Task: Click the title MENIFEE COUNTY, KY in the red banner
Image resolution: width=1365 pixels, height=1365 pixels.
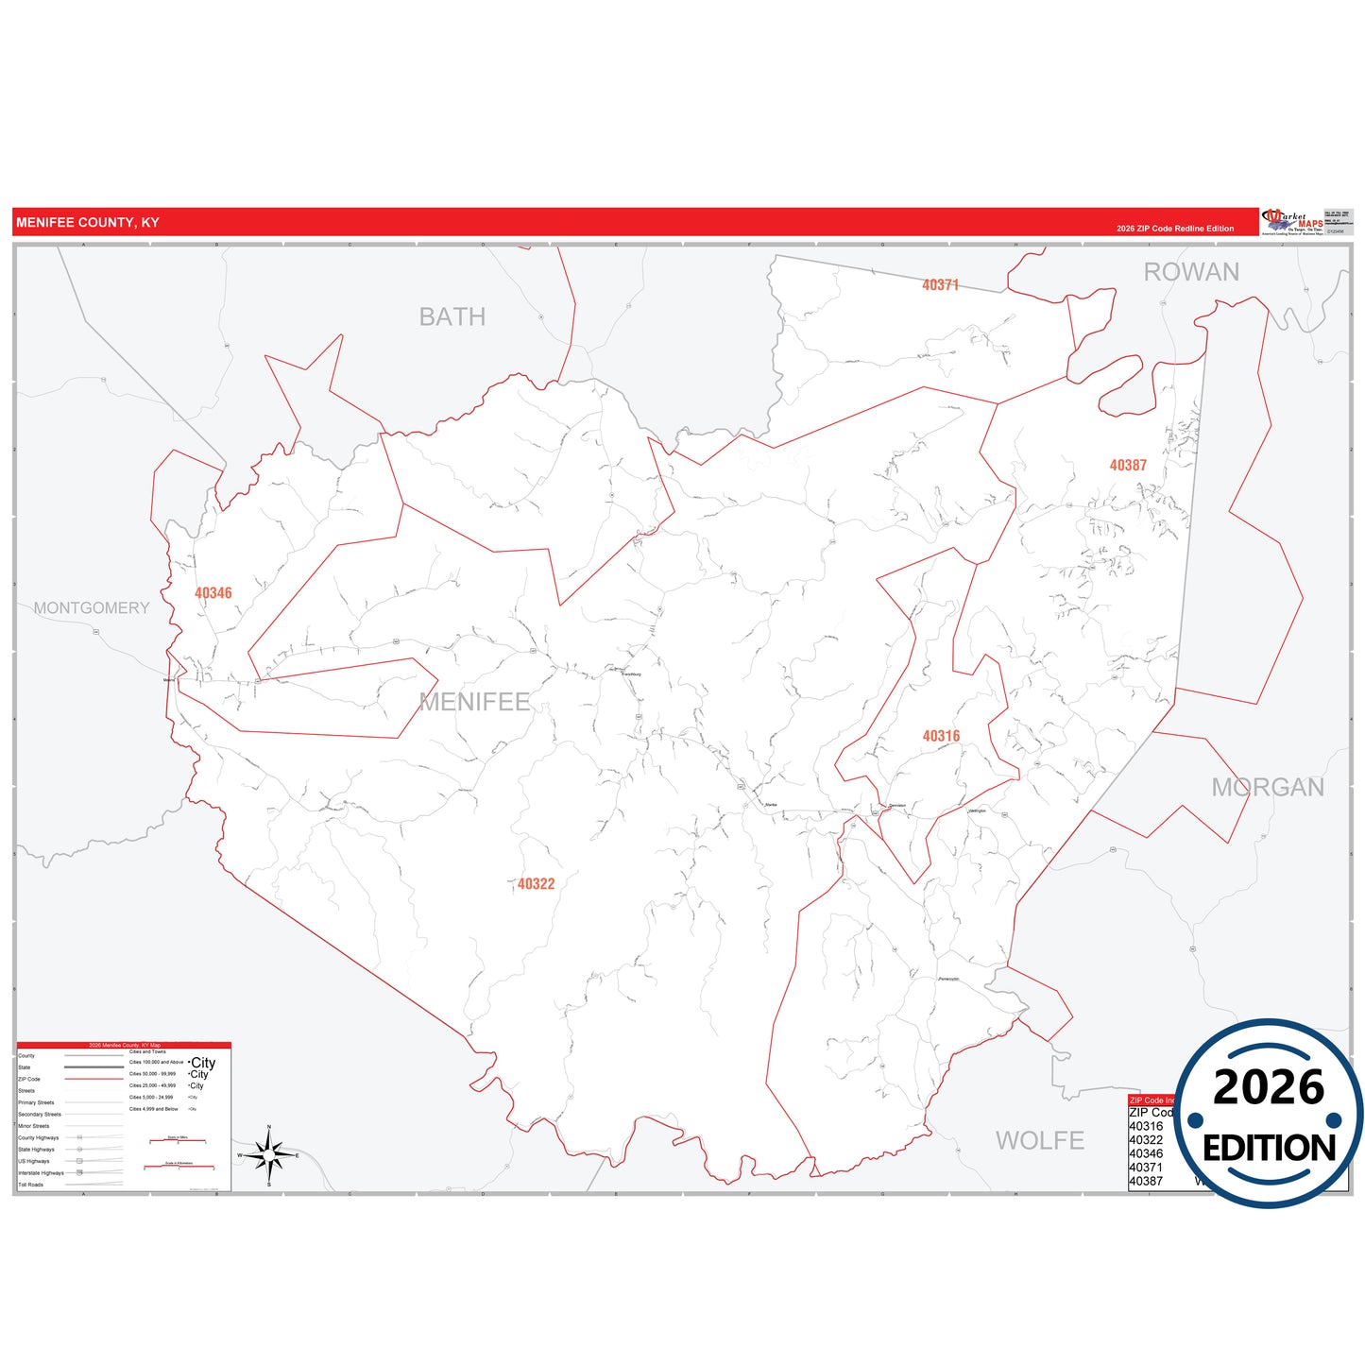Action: (88, 223)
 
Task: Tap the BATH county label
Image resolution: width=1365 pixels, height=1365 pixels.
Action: (452, 317)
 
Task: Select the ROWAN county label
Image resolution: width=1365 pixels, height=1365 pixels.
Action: (1191, 272)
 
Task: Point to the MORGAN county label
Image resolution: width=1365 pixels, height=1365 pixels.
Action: (1268, 788)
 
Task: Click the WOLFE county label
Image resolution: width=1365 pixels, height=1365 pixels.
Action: (1039, 1141)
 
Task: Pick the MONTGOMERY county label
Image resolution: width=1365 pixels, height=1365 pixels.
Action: (92, 608)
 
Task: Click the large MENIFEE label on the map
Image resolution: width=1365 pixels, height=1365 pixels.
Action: (474, 702)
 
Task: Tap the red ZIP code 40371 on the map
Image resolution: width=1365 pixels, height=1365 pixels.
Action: (940, 285)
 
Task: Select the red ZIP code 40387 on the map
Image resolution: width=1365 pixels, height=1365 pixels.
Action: (1128, 466)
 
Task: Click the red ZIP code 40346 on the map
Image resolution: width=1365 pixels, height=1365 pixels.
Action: (213, 593)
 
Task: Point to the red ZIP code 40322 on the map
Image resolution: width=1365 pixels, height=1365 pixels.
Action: (536, 884)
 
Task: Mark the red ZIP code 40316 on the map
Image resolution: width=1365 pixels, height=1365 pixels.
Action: (941, 736)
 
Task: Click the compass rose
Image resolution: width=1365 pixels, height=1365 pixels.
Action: (269, 1155)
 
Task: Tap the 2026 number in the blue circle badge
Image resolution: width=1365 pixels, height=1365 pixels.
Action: (1268, 1088)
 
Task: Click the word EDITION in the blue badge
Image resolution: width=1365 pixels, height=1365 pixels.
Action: (1269, 1148)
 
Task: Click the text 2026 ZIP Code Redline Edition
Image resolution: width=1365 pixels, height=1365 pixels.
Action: (1175, 229)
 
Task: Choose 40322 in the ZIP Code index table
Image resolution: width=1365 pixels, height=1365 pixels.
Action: (1146, 1140)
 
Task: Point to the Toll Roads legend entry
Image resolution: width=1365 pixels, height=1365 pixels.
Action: (31, 1185)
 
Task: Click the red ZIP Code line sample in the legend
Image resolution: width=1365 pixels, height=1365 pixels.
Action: (94, 1079)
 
